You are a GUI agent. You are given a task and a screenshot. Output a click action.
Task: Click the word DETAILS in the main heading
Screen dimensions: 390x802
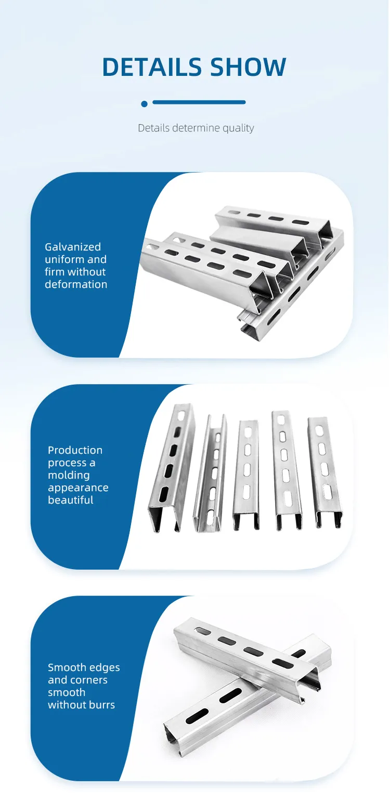(x=152, y=67)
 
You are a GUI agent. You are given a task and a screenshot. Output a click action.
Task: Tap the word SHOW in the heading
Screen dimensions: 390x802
(x=248, y=67)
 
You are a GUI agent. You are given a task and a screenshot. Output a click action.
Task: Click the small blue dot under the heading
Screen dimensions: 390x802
(x=145, y=104)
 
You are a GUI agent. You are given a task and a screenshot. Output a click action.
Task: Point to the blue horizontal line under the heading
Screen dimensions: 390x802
(x=199, y=102)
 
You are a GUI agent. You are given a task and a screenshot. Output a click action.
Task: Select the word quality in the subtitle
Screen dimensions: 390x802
(x=238, y=128)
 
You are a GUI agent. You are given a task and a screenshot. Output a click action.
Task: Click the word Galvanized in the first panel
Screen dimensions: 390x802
(x=73, y=247)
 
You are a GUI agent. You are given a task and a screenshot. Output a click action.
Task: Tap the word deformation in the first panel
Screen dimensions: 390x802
(x=76, y=284)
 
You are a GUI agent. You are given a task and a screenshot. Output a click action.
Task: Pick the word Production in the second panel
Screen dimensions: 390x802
(x=75, y=450)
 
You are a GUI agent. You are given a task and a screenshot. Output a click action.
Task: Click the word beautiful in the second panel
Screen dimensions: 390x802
(x=71, y=500)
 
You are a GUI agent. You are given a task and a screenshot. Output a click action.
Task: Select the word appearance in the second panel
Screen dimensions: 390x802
(x=78, y=488)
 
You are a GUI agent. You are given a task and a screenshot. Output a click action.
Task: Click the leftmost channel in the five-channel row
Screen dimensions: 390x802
(x=172, y=467)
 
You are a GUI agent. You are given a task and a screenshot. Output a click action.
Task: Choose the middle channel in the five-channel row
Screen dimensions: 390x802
(x=246, y=474)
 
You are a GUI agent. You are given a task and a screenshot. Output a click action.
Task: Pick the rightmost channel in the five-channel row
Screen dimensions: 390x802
(x=325, y=472)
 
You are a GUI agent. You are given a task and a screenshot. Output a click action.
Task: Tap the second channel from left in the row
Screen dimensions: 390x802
(x=210, y=472)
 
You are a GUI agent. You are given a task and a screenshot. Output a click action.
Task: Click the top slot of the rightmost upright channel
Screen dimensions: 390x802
(x=319, y=431)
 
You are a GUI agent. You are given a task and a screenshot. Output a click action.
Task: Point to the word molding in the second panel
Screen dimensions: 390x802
(x=69, y=476)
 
